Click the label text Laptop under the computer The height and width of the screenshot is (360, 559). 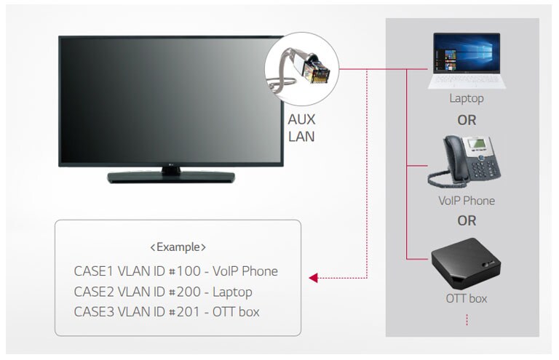point(466,98)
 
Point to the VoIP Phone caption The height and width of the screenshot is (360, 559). point(466,201)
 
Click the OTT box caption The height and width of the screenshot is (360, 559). point(466,298)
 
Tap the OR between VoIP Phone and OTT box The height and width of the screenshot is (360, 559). point(466,220)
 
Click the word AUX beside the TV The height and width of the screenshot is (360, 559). point(302,119)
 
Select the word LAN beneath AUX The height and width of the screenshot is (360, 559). point(302,136)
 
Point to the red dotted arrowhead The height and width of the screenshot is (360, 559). point(314,278)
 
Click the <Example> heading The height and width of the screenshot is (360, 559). point(178,247)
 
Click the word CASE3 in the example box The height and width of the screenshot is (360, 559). point(94,312)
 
